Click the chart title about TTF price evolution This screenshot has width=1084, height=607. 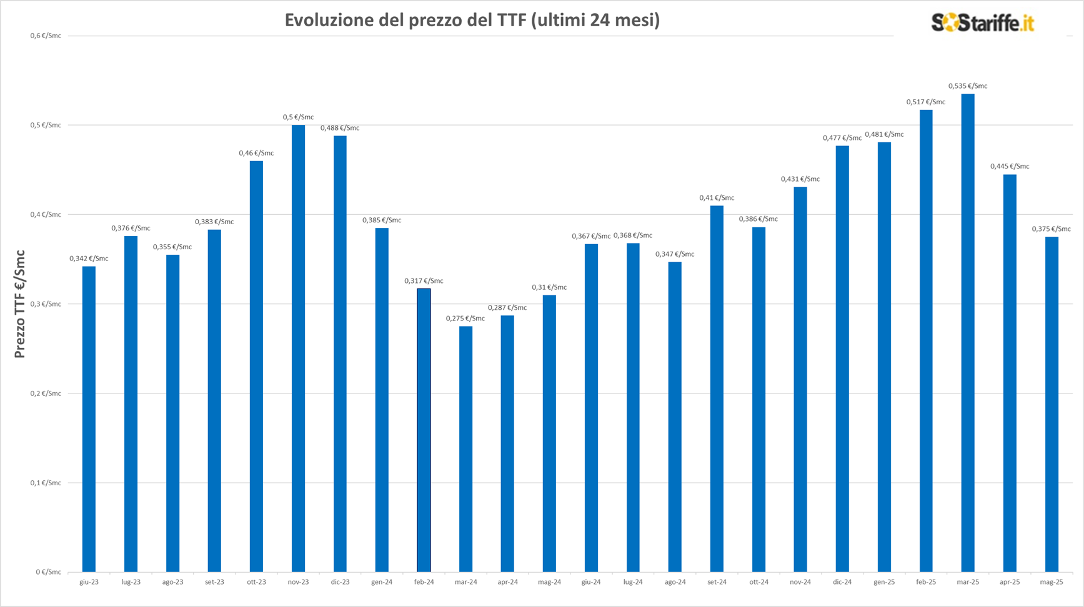[472, 21]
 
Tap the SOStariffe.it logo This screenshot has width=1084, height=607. [982, 23]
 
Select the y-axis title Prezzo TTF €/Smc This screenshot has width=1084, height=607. [20, 304]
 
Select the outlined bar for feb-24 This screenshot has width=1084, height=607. [424, 430]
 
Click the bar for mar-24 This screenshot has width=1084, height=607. [465, 449]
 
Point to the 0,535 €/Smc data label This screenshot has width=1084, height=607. [967, 86]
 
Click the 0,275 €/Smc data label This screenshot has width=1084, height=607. [465, 318]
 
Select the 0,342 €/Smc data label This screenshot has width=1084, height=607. [89, 259]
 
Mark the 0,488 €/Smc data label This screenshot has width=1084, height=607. [340, 128]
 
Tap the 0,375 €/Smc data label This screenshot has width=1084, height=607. [1051, 229]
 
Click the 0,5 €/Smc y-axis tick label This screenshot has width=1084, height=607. [46, 126]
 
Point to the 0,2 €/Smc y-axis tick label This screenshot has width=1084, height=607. [46, 393]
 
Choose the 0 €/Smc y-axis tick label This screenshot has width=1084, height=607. [48, 572]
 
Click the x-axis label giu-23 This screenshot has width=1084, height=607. [89, 582]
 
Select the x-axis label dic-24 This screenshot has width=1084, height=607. [842, 582]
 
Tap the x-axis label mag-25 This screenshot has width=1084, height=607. [1051, 582]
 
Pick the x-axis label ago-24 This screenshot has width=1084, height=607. [675, 582]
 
